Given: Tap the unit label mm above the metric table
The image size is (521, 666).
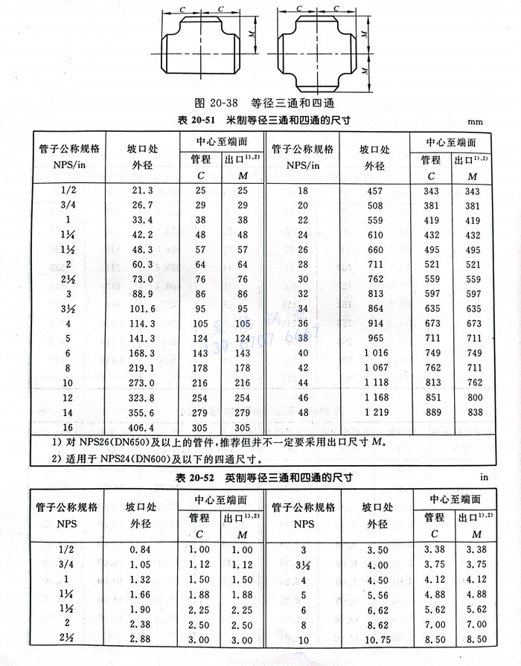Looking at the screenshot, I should click(476, 121).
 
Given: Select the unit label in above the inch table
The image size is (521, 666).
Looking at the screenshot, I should click(483, 476).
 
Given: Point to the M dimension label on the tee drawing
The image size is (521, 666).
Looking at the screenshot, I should click(254, 34).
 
